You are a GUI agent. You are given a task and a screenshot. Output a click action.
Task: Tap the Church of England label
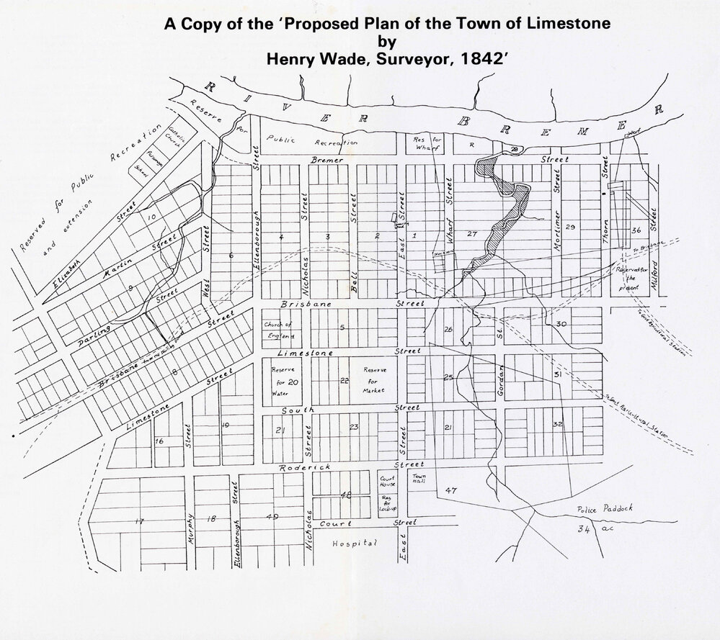[x=280, y=330]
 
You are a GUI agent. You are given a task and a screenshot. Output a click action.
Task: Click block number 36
[x=635, y=230]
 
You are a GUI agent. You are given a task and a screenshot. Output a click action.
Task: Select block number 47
[x=451, y=490]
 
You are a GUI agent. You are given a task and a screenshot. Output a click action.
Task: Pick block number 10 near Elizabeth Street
[x=151, y=216]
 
